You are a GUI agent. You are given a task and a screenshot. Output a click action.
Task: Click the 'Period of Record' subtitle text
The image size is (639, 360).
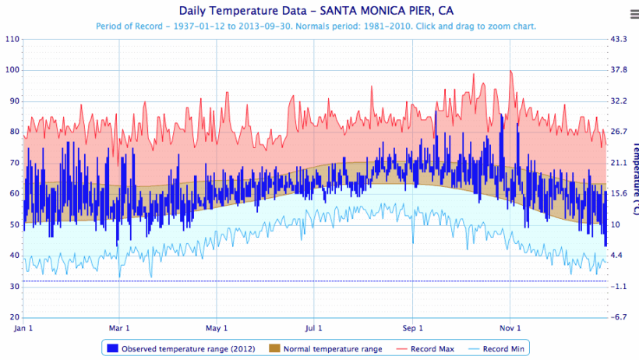[316, 26]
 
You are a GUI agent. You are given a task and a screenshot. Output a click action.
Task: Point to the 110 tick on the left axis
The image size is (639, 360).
[12, 39]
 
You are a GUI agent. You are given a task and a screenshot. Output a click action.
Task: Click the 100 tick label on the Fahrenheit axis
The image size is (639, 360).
[12, 70]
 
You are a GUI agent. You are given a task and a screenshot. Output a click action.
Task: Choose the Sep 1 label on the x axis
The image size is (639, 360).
[413, 328]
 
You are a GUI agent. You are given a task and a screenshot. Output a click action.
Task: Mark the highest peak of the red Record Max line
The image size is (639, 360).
[510, 71]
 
